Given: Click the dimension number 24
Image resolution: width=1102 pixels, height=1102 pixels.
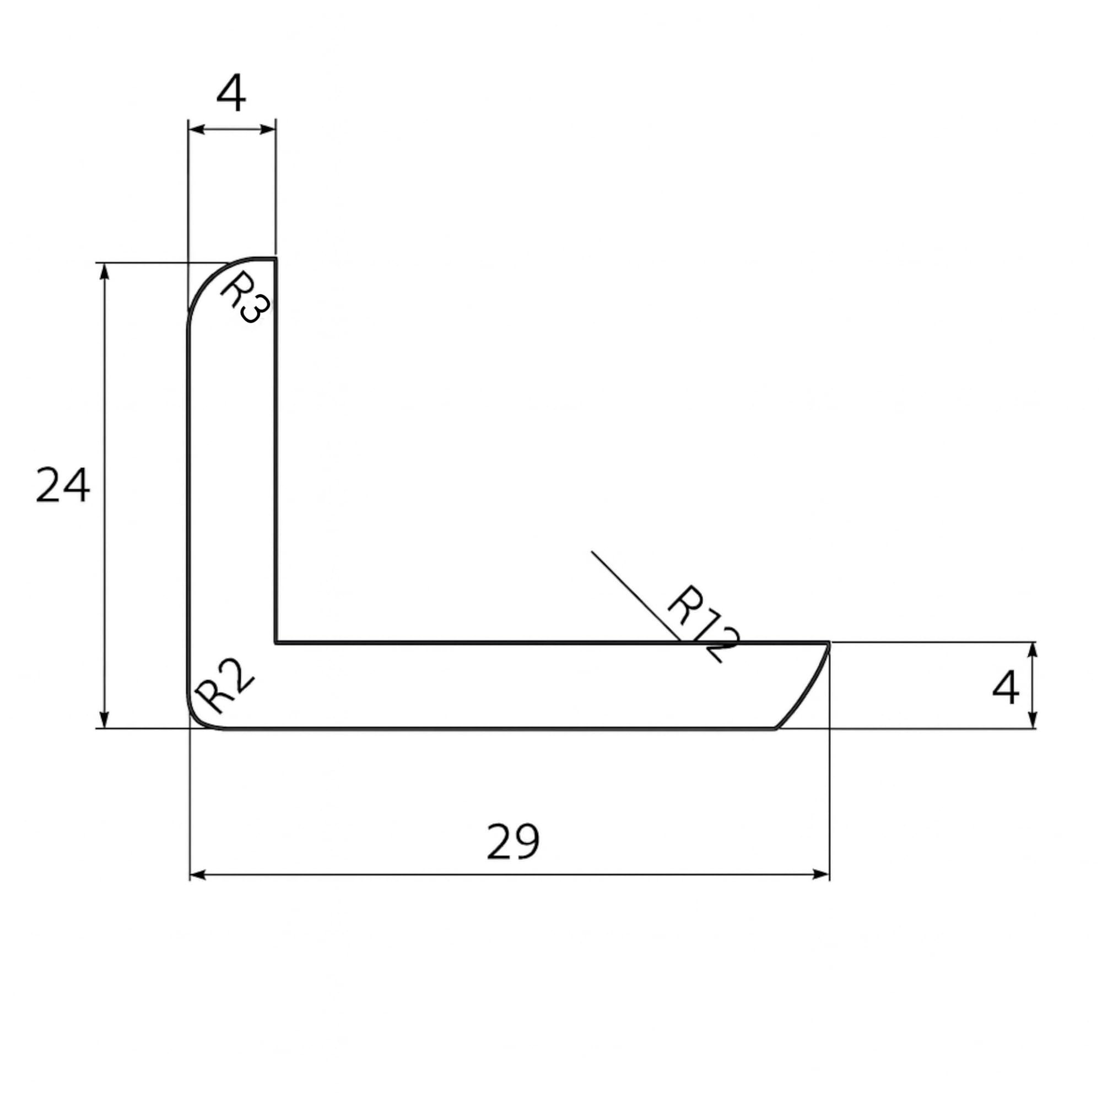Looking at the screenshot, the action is [x=63, y=485].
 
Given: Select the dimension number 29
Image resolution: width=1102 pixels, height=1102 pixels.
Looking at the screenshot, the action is [x=513, y=842].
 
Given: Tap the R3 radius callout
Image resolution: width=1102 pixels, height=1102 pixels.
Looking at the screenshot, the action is [x=244, y=296].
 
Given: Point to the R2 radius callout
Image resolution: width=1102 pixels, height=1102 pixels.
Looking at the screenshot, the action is [x=224, y=686].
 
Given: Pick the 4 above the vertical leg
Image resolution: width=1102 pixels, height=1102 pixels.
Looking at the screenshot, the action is [x=231, y=93].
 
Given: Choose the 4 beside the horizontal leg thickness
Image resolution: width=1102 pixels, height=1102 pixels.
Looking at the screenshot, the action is [x=1006, y=687].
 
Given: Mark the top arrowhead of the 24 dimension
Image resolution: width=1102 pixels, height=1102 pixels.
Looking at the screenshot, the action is [x=104, y=272].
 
